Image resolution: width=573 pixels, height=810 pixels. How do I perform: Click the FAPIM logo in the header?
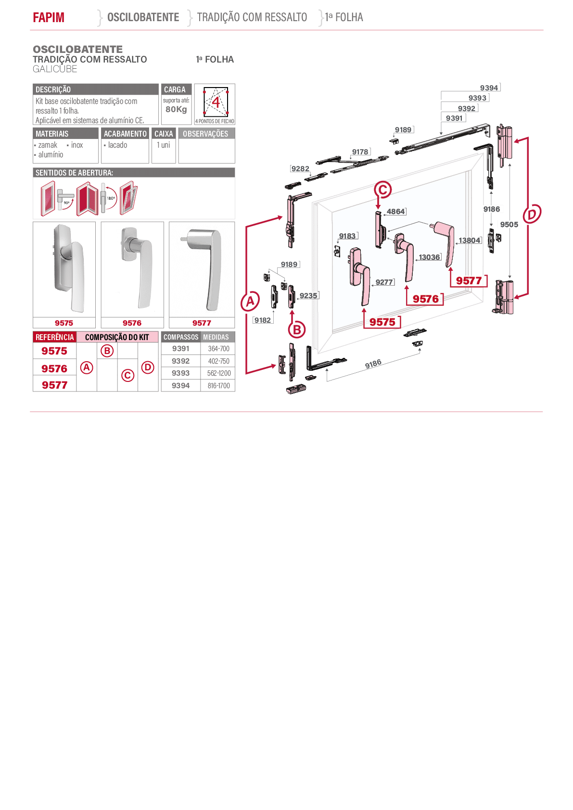click(x=49, y=17)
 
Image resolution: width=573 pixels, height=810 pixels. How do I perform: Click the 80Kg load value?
click(x=176, y=109)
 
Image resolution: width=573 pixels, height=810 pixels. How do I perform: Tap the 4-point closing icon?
click(x=216, y=102)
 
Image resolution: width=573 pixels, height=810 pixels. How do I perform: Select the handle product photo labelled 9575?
click(x=64, y=269)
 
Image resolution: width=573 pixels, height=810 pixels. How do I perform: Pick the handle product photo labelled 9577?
click(x=202, y=269)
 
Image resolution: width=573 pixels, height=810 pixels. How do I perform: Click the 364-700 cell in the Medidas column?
click(x=218, y=349)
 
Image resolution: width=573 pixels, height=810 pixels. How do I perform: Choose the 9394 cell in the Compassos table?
click(x=180, y=385)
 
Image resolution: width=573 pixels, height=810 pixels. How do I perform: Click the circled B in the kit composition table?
click(x=107, y=351)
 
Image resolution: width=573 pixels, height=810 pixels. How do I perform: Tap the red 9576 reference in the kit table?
click(x=54, y=368)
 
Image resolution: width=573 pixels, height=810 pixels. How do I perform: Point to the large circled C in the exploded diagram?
click(x=383, y=190)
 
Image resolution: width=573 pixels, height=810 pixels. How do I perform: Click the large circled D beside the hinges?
click(x=532, y=214)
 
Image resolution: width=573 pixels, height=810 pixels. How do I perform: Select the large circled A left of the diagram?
click(x=250, y=301)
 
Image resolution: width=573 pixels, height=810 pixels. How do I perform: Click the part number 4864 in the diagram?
click(x=396, y=212)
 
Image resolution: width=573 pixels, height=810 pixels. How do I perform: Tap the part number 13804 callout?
click(x=470, y=240)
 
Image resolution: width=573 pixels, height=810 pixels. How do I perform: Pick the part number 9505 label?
click(x=509, y=225)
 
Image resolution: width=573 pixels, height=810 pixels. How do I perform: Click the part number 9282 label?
click(x=300, y=168)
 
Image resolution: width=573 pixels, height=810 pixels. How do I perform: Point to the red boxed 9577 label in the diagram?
click(x=469, y=280)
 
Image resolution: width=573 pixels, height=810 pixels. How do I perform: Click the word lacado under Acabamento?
click(x=117, y=145)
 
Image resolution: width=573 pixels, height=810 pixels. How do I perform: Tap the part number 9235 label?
click(x=308, y=295)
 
